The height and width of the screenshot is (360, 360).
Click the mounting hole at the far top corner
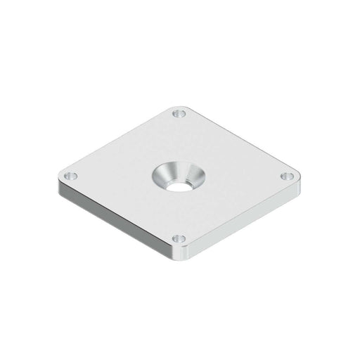[179, 112]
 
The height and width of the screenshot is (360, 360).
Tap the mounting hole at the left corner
[70, 175]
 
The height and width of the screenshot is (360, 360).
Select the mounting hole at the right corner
[287, 175]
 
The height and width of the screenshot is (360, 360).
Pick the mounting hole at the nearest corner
[179, 239]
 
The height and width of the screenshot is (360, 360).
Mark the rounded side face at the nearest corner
[179, 254]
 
